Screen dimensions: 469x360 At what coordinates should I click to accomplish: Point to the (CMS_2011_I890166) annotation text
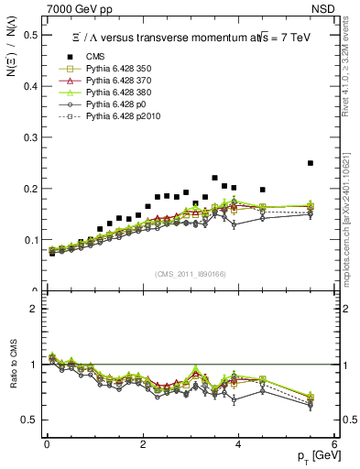[191, 274]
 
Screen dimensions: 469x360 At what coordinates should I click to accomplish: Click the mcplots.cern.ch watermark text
[350, 229]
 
